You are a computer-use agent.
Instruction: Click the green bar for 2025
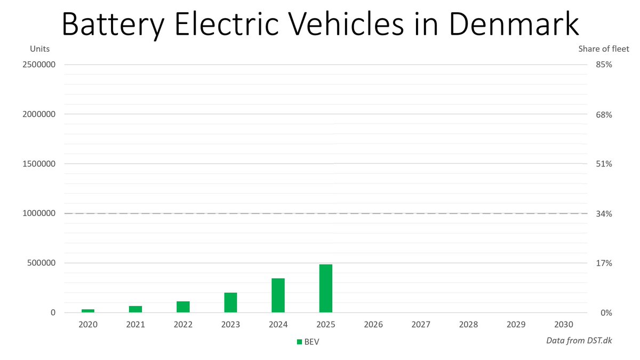click(326, 289)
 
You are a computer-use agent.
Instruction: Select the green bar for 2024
click(278, 295)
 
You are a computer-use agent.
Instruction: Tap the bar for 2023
click(230, 302)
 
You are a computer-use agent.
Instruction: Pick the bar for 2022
click(183, 307)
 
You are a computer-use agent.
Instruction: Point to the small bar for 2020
click(88, 310)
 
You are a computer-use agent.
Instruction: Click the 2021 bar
click(135, 309)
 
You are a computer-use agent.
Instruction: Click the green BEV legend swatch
click(299, 342)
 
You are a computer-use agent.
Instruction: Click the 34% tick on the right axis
click(604, 214)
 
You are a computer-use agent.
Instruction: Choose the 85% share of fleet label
click(604, 65)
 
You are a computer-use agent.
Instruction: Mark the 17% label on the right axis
click(604, 263)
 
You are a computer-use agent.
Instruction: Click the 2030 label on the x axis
click(564, 324)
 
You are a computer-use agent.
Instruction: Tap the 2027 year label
click(421, 324)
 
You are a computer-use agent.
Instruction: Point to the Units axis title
click(39, 49)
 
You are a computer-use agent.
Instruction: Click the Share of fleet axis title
click(604, 49)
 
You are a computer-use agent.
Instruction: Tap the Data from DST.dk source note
click(579, 340)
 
